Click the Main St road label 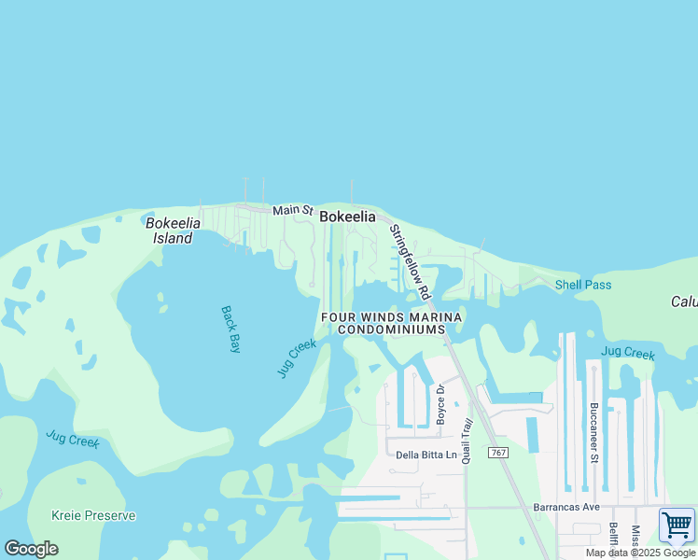pos(292,211)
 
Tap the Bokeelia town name pos(347,217)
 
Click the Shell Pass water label pos(583,285)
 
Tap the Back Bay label pos(230,329)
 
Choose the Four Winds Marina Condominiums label pos(392,324)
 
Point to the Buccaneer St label pos(593,432)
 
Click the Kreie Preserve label pos(94,515)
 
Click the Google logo pos(31,548)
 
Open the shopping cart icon pos(677,525)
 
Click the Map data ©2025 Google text pos(641,553)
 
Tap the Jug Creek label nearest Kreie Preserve pos(73,440)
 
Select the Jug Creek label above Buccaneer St pos(628,352)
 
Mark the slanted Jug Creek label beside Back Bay pos(297,358)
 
